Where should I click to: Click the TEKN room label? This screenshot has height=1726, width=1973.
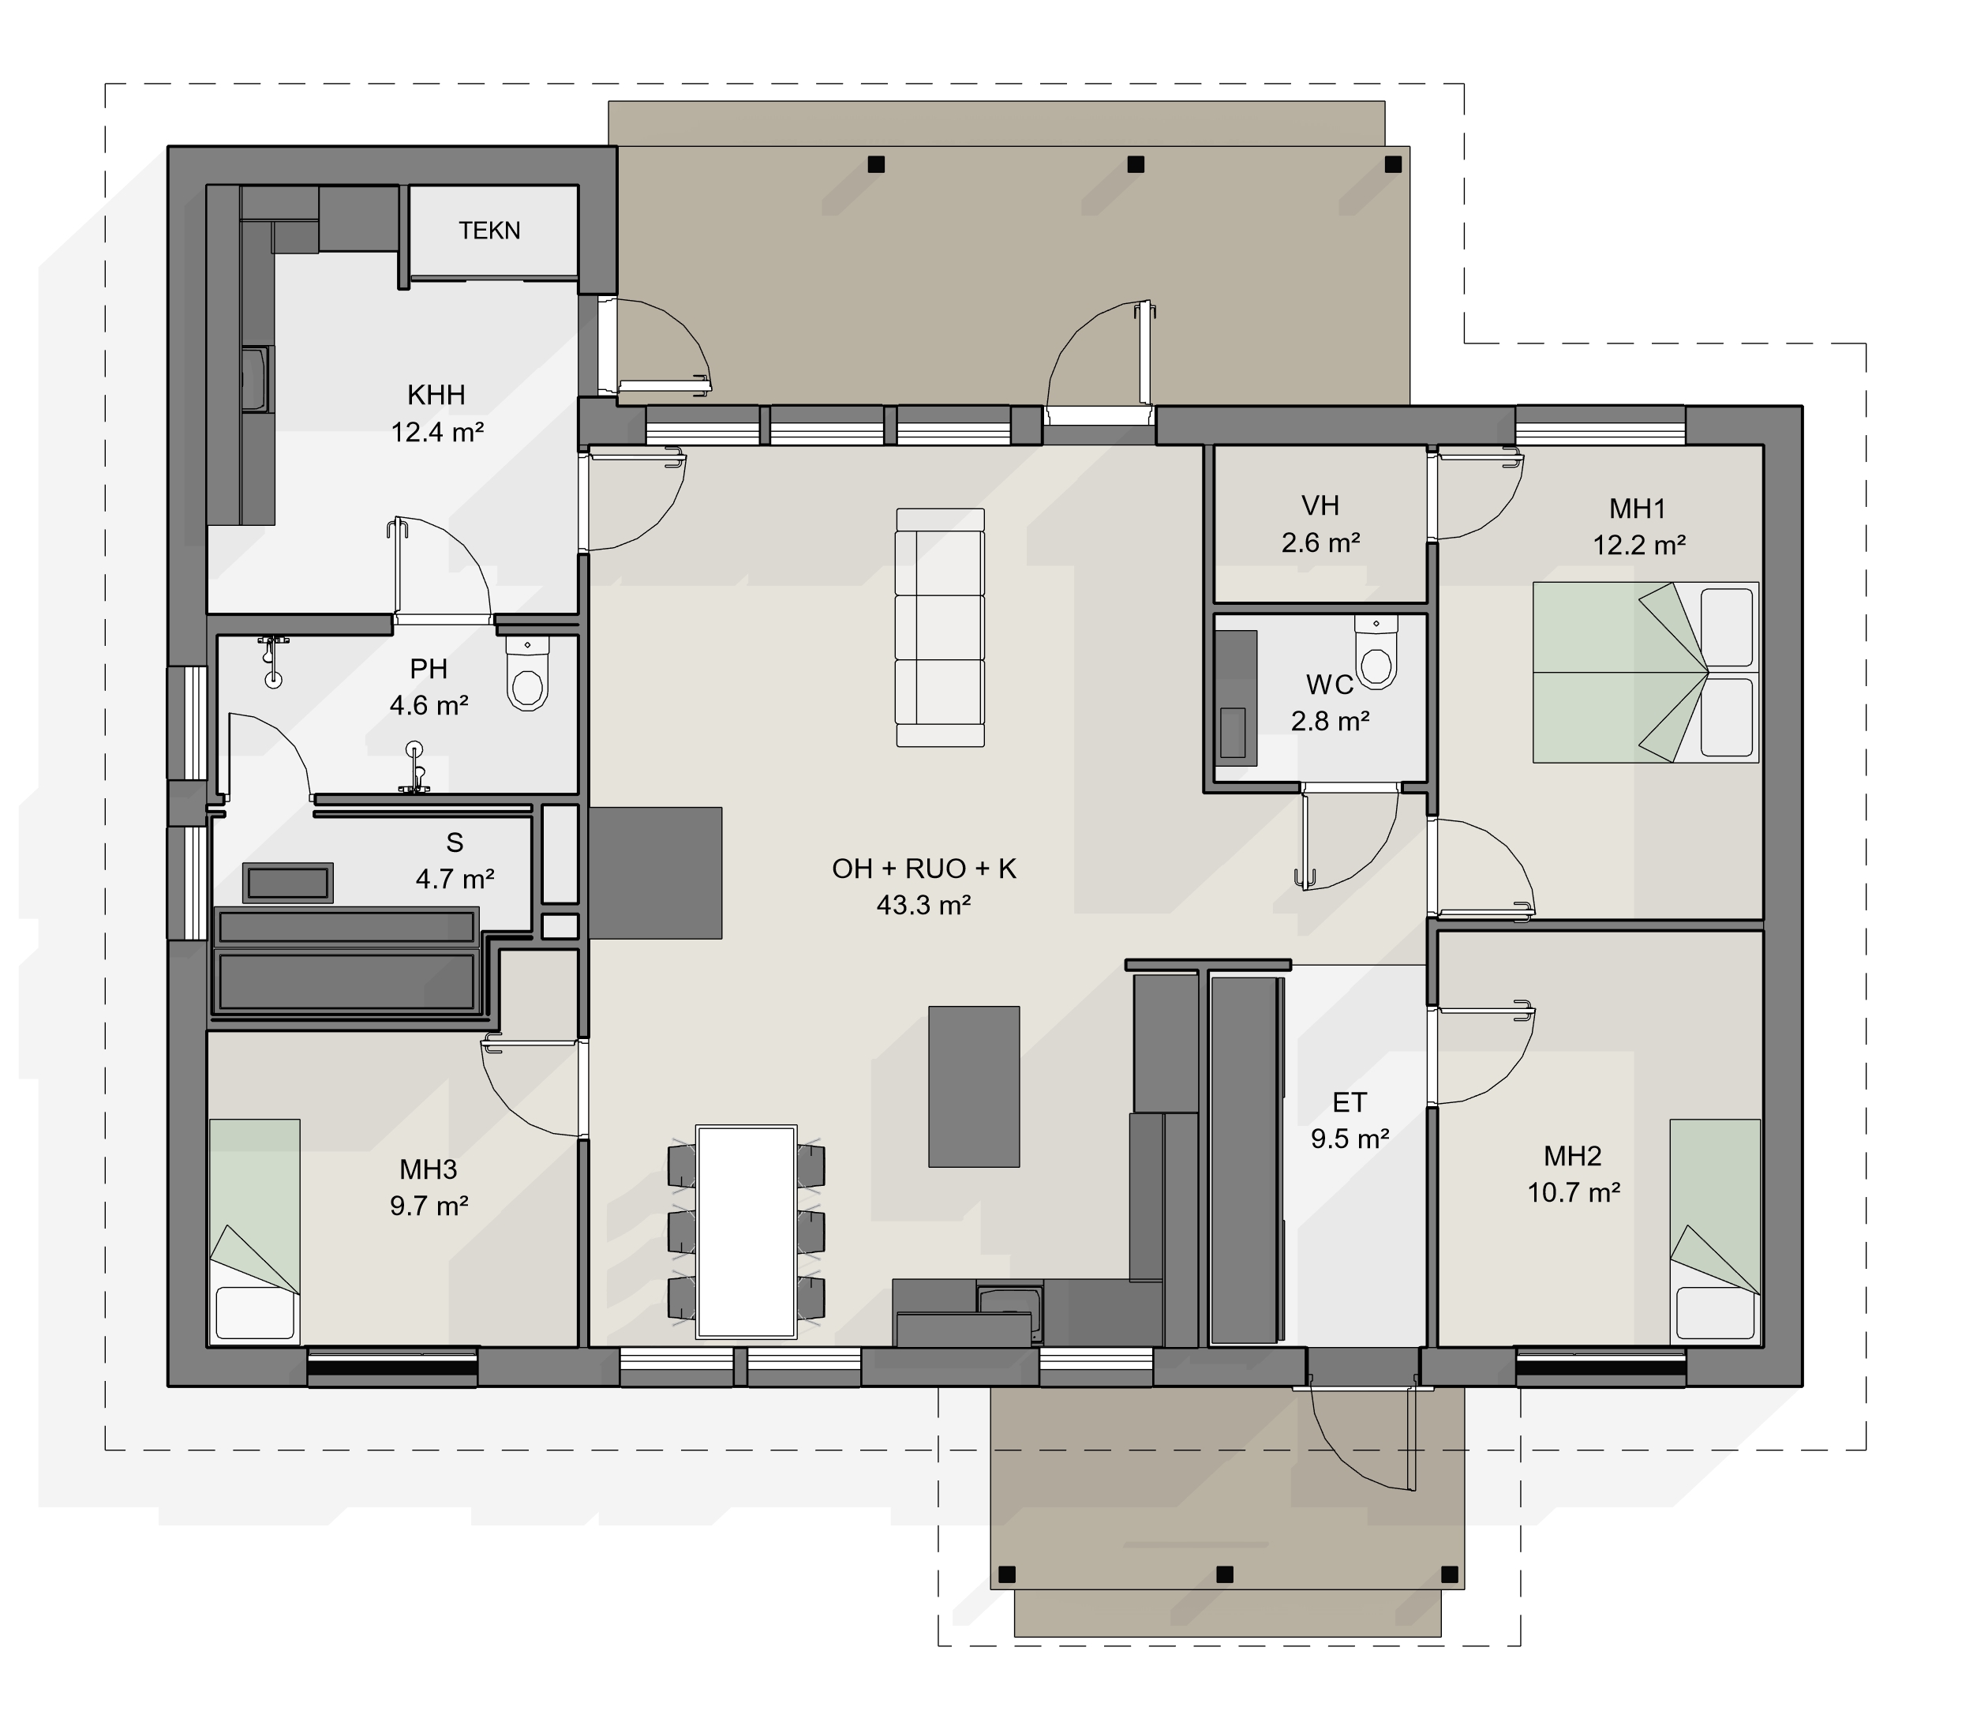pyautogui.click(x=489, y=231)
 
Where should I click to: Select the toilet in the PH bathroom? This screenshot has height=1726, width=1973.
pyautogui.click(x=528, y=672)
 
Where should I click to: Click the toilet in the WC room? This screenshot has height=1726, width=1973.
pyautogui.click(x=1376, y=651)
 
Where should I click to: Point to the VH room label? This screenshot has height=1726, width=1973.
pyautogui.click(x=1320, y=505)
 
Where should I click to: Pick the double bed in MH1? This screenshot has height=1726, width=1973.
pyautogui.click(x=1645, y=672)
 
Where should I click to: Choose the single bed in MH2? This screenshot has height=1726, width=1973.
pyautogui.click(x=1715, y=1229)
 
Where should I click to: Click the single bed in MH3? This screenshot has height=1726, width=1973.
pyautogui.click(x=254, y=1229)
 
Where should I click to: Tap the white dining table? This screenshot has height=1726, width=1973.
pyautogui.click(x=747, y=1232)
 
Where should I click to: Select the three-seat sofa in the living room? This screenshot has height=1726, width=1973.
pyautogui.click(x=940, y=628)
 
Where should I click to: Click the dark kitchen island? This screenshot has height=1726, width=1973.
pyautogui.click(x=974, y=1086)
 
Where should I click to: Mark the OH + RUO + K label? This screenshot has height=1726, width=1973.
pyautogui.click(x=923, y=869)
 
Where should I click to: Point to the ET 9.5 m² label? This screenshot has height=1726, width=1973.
pyautogui.click(x=1349, y=1120)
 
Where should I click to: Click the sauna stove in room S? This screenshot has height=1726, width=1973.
pyautogui.click(x=288, y=882)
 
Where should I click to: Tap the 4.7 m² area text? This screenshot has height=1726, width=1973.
pyautogui.click(x=455, y=880)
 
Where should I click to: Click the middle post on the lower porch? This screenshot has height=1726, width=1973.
pyautogui.click(x=1225, y=1574)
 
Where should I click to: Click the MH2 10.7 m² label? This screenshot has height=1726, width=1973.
pyautogui.click(x=1572, y=1174)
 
